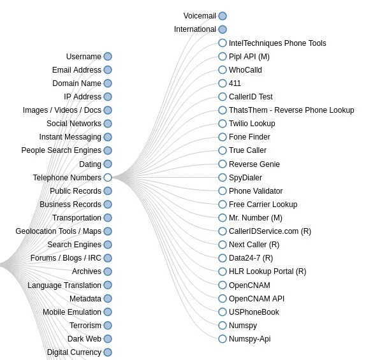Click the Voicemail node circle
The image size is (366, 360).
click(x=223, y=16)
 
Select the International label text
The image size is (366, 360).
click(x=195, y=29)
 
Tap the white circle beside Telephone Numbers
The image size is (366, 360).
click(x=108, y=177)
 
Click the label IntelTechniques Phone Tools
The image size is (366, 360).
click(x=277, y=43)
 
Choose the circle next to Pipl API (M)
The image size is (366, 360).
click(x=223, y=57)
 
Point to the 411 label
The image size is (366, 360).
click(x=235, y=83)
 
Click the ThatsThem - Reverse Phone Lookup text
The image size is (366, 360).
click(x=291, y=110)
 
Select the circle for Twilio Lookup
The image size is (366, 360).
click(x=223, y=124)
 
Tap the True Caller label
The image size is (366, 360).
click(x=247, y=150)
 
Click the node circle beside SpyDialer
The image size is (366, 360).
click(x=223, y=177)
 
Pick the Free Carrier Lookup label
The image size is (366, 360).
click(x=263, y=205)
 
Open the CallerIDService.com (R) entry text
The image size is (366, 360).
click(x=270, y=231)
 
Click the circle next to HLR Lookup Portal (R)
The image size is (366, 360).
click(x=223, y=271)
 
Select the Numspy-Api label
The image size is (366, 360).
click(x=250, y=339)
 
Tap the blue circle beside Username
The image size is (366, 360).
click(x=108, y=57)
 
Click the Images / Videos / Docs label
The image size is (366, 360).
click(x=62, y=110)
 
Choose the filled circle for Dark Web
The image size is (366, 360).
click(x=108, y=339)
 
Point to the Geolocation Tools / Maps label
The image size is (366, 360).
click(x=59, y=231)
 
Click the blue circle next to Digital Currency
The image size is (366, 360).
click(x=108, y=352)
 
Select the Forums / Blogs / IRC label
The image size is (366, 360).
click(x=66, y=258)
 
